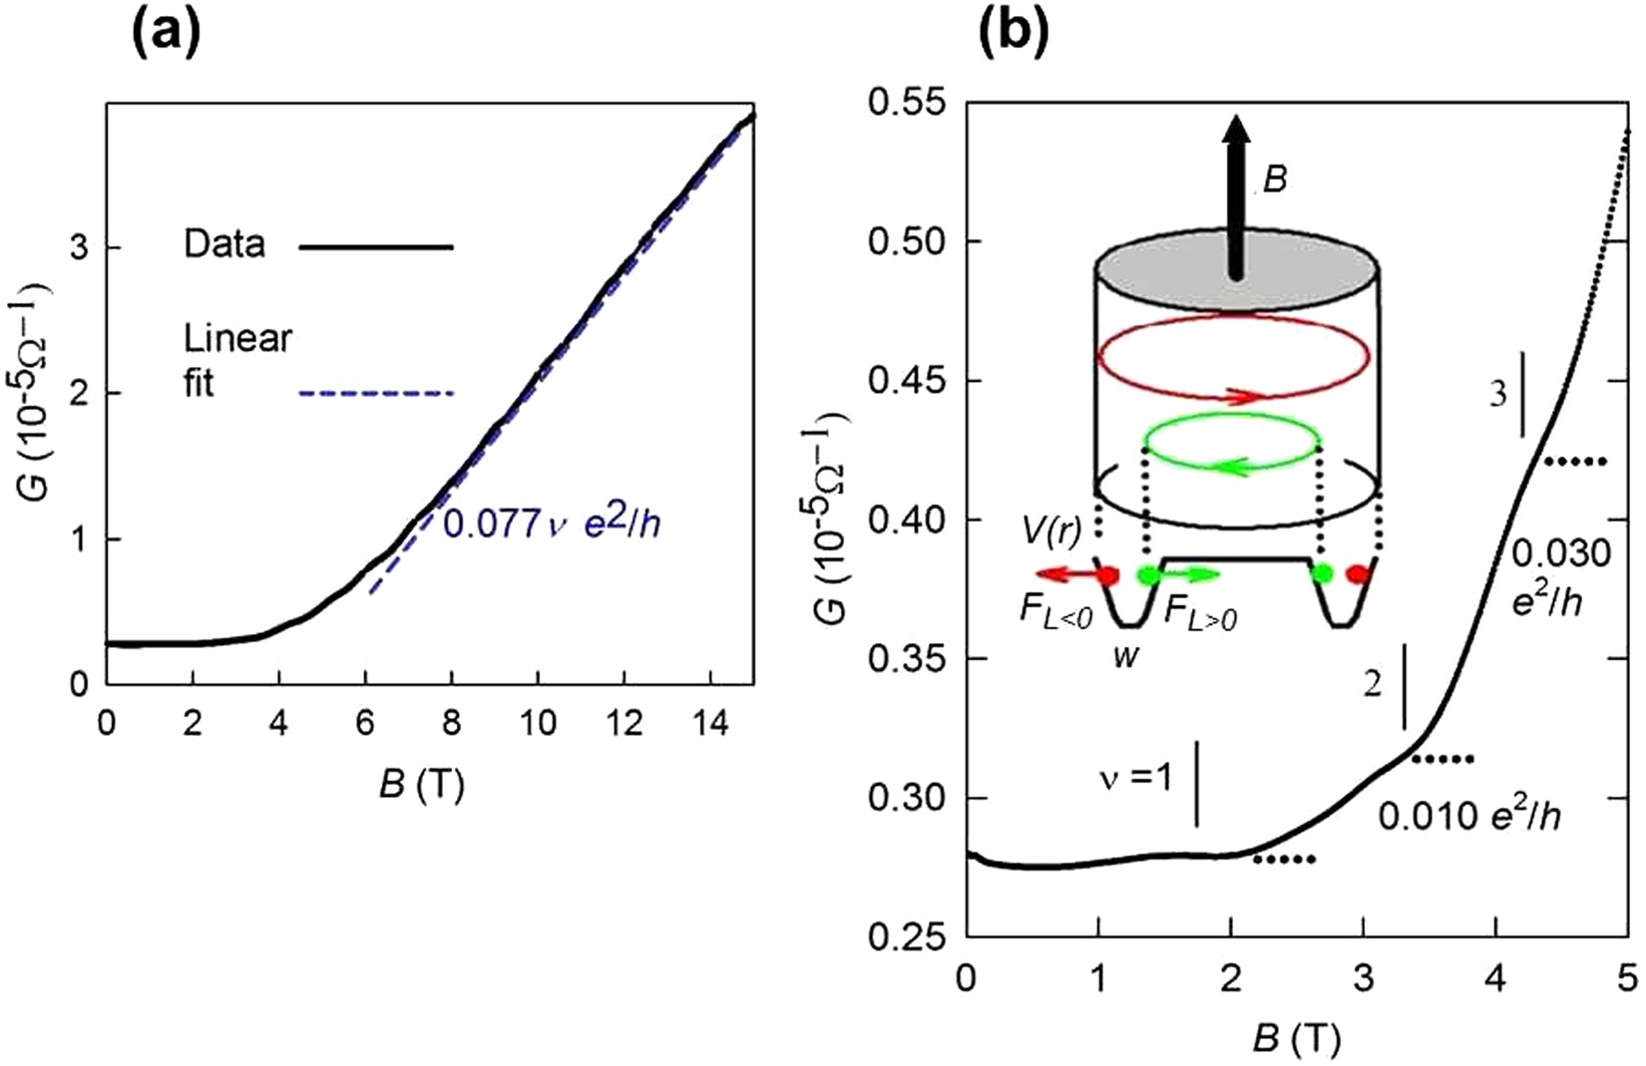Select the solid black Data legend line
pos(376,246)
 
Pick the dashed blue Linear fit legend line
pos(376,394)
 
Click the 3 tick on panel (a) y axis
pos(80,247)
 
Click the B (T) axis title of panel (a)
pos(421,786)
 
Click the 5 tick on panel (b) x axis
pos(1627,977)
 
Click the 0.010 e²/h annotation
pos(1468,816)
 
